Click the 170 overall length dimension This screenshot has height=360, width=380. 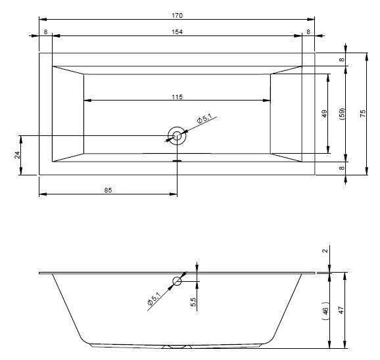(177, 16)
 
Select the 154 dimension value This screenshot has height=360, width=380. (177, 32)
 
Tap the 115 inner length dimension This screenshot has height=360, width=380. (177, 97)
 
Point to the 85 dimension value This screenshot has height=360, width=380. (108, 191)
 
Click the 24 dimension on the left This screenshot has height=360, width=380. (17, 155)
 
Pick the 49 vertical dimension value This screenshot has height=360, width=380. (324, 114)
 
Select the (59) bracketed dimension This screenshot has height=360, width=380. (341, 114)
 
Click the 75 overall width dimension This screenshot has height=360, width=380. (362, 114)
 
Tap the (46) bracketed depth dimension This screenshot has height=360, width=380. (325, 311)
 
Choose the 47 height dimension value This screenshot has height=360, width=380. (341, 310)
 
